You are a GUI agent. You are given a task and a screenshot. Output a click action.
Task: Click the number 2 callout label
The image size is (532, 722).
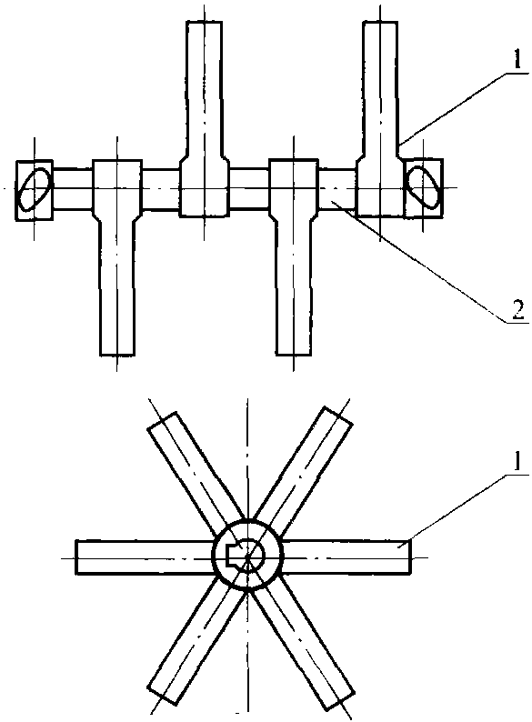(517, 311)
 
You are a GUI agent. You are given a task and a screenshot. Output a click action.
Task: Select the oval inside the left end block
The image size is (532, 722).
(35, 190)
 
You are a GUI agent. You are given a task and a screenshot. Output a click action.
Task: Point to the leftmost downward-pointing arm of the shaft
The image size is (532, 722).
(117, 258)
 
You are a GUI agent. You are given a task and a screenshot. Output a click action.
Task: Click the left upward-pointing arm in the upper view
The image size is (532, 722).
(204, 119)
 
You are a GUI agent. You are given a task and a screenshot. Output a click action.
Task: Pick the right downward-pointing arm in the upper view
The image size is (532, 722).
(294, 258)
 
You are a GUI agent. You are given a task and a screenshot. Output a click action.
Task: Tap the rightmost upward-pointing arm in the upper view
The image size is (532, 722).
(380, 119)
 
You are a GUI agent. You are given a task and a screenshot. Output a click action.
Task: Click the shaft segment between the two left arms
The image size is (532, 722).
(160, 189)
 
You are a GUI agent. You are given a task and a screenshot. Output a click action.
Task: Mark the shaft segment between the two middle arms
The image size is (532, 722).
(249, 189)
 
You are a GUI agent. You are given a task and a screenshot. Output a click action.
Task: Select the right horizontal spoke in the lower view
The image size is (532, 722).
(346, 557)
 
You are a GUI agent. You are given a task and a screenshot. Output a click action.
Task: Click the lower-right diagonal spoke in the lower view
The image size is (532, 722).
(303, 645)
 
